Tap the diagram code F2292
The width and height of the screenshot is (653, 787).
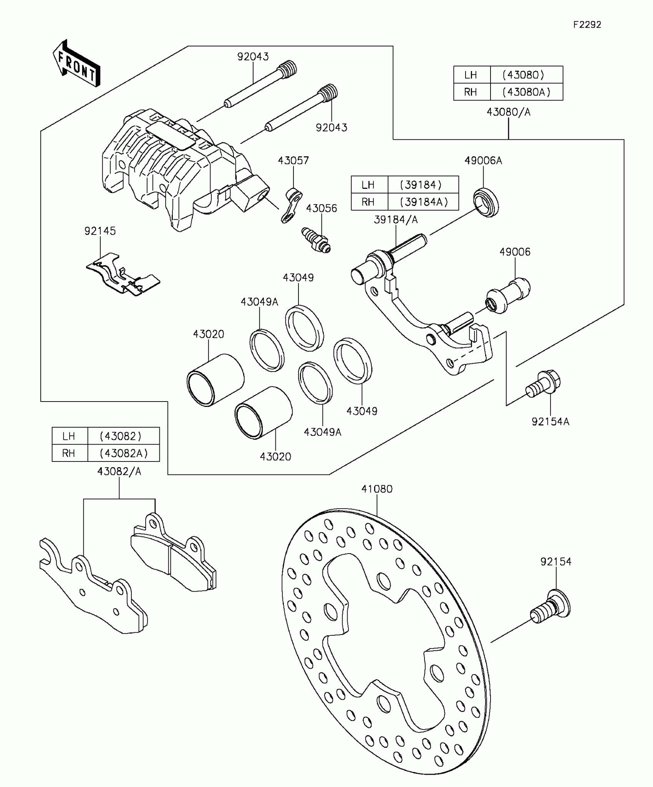click(587, 25)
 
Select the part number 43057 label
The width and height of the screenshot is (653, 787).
click(293, 160)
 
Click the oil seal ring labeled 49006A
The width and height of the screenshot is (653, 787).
click(486, 203)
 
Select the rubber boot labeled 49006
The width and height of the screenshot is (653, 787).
click(508, 295)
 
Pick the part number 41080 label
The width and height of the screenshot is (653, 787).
click(377, 489)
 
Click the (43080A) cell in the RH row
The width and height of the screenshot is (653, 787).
click(526, 92)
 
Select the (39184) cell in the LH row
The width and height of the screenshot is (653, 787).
click(423, 185)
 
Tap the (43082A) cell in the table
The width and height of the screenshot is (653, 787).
click(123, 453)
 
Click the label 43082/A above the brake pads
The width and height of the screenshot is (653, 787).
click(119, 472)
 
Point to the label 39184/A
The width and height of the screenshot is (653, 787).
click(396, 220)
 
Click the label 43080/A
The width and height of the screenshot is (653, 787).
click(508, 112)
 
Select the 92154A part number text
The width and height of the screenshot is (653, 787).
click(550, 422)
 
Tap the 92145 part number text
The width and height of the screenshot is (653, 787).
click(100, 231)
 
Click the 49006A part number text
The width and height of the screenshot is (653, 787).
click(483, 160)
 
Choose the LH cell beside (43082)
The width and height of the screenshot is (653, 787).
click(69, 436)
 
